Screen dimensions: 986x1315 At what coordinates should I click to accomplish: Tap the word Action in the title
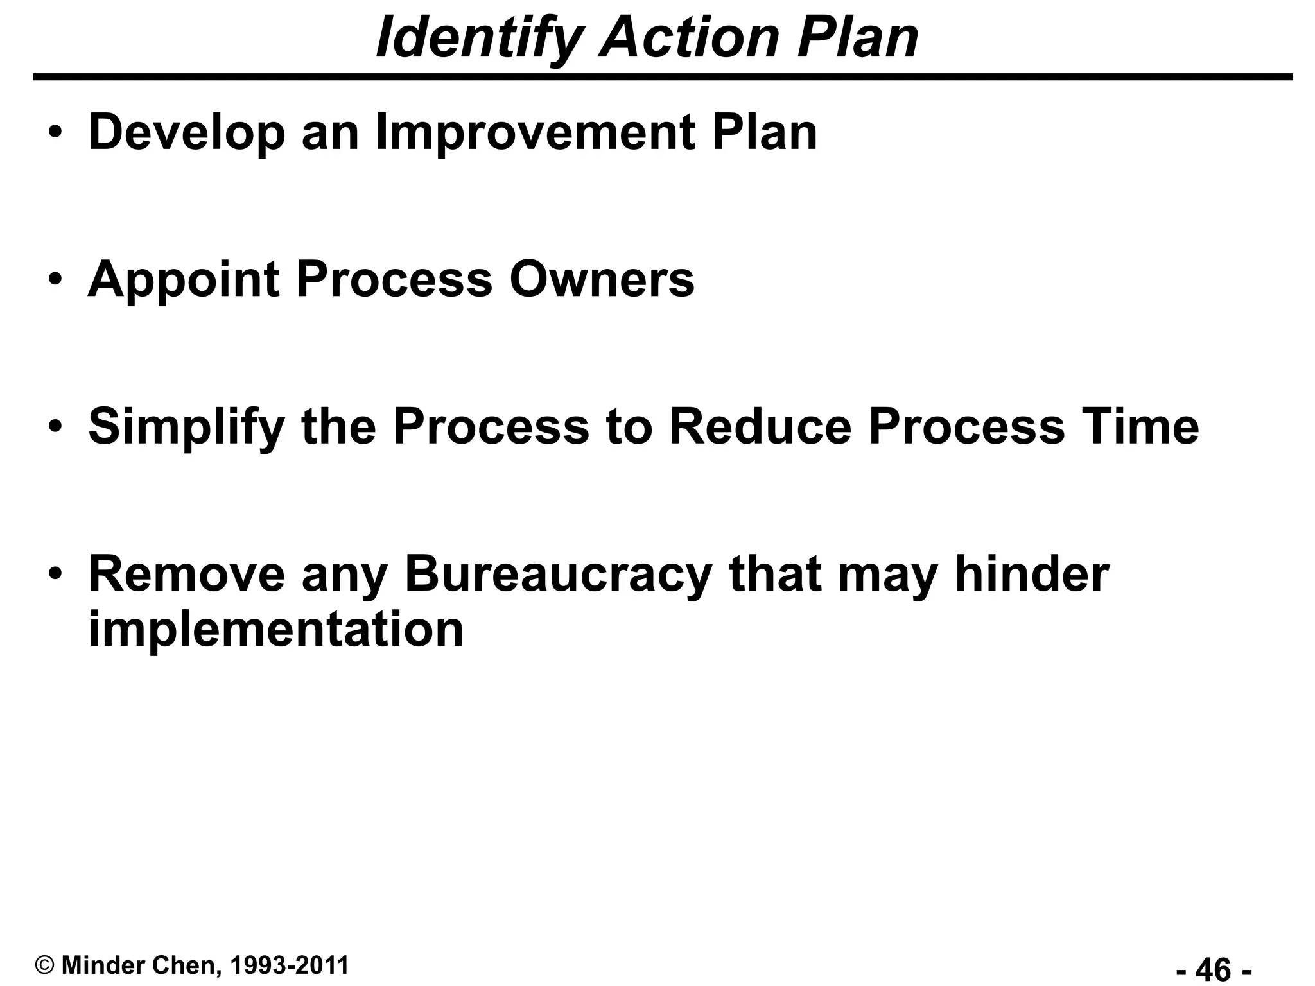point(688,39)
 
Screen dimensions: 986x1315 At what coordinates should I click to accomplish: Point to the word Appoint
point(184,281)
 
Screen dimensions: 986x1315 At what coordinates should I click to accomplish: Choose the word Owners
point(602,279)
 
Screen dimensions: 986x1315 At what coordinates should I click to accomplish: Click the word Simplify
point(187,428)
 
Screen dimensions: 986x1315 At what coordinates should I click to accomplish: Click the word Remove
point(187,575)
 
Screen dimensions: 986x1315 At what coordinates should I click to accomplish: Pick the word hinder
point(1032,575)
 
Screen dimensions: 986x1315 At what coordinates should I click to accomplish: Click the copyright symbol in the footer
point(45,965)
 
